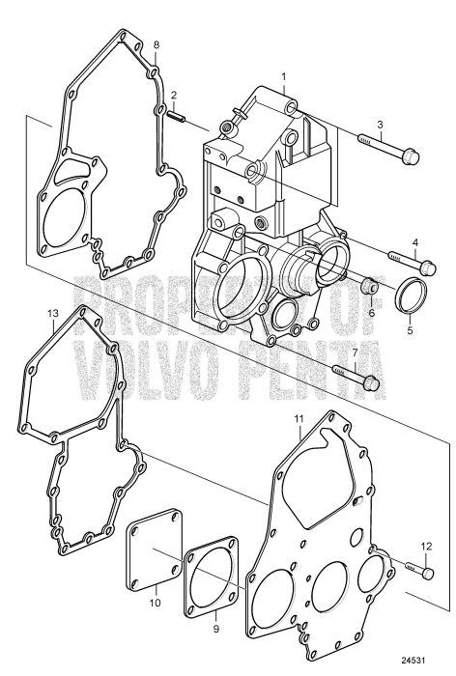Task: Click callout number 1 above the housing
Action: [x=284, y=75]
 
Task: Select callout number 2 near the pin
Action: [x=173, y=95]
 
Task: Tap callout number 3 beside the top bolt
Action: [x=381, y=125]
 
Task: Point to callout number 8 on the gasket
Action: [x=157, y=45]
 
